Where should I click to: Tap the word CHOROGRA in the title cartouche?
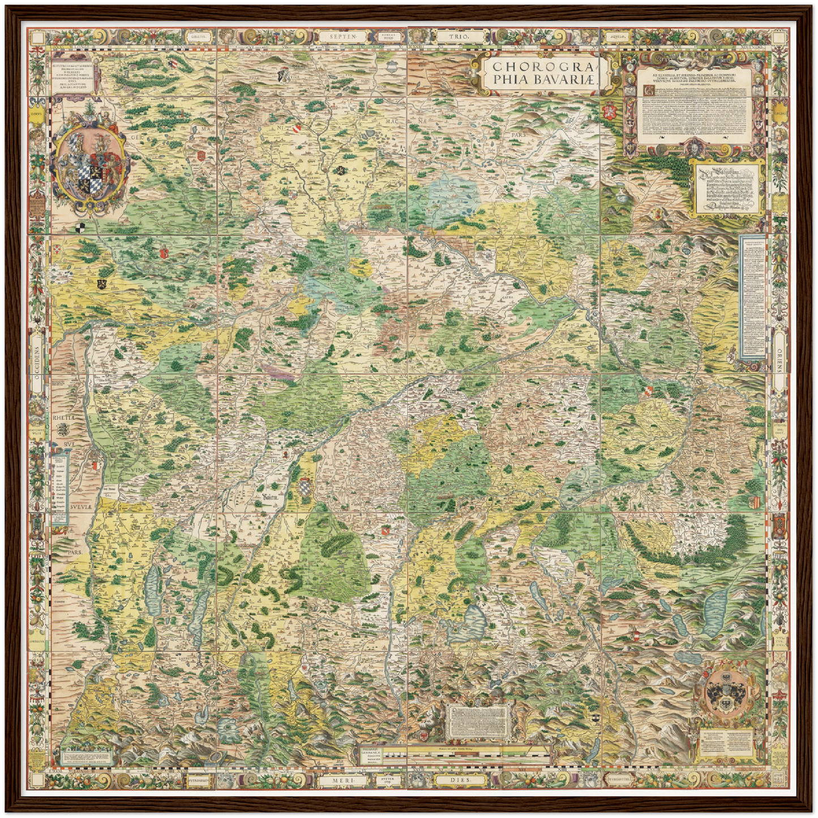pyautogui.click(x=542, y=66)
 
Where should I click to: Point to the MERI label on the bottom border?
pyautogui.click(x=344, y=780)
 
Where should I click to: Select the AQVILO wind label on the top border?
pyautogui.click(x=616, y=36)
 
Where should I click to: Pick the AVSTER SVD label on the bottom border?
pyautogui.click(x=389, y=780)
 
